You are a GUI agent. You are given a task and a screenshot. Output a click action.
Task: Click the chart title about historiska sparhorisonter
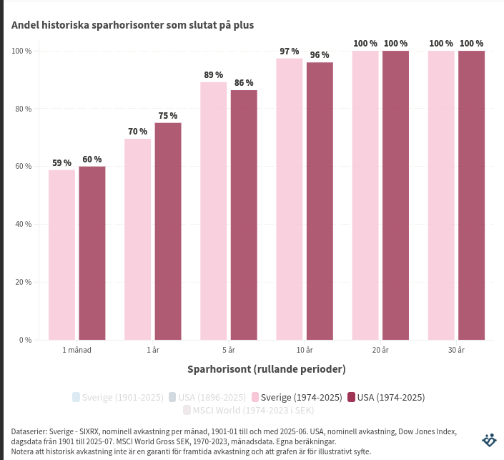pyautogui.click(x=132, y=25)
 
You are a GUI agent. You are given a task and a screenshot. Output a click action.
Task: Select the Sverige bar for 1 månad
pyautogui.click(x=62, y=255)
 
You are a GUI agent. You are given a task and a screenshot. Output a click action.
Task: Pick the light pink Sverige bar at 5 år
pyautogui.click(x=213, y=211)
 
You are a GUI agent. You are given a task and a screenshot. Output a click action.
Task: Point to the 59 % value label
pyautogui.click(x=62, y=163)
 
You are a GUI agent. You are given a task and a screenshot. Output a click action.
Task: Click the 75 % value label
pyautogui.click(x=168, y=116)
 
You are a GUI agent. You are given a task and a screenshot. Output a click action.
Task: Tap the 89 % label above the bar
pyautogui.click(x=213, y=75)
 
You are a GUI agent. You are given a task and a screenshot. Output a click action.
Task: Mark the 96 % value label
pyautogui.click(x=320, y=55)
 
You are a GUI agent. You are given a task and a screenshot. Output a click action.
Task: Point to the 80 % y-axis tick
pyautogui.click(x=21, y=109)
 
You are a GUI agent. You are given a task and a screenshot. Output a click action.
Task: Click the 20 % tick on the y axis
pyautogui.click(x=21, y=282)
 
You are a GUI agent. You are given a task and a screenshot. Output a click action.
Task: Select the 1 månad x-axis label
pyautogui.click(x=76, y=351)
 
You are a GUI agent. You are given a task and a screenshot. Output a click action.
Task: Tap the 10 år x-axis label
pyautogui.click(x=305, y=351)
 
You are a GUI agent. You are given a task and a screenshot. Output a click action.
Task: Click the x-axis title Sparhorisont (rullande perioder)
pyautogui.click(x=267, y=369)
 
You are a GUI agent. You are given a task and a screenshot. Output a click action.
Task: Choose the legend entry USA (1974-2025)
pyautogui.click(x=385, y=397)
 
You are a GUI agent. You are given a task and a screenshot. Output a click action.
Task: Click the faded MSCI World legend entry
pyautogui.click(x=248, y=411)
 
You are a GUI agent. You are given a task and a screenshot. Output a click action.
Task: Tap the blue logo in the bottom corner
pyautogui.click(x=490, y=440)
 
